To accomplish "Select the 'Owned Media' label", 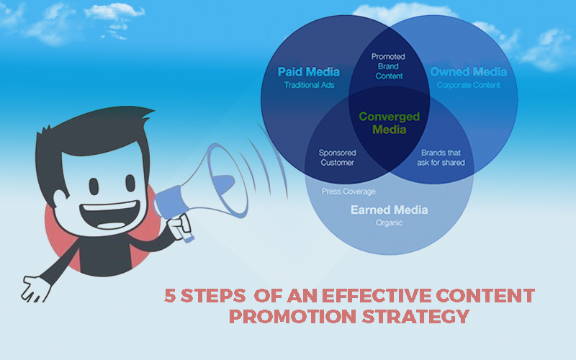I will point(468,72).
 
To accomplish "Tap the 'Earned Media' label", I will point(389,210).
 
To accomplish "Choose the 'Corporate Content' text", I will point(468,85).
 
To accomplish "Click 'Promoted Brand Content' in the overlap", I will point(389,66).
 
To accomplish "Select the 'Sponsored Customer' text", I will point(336,157).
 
